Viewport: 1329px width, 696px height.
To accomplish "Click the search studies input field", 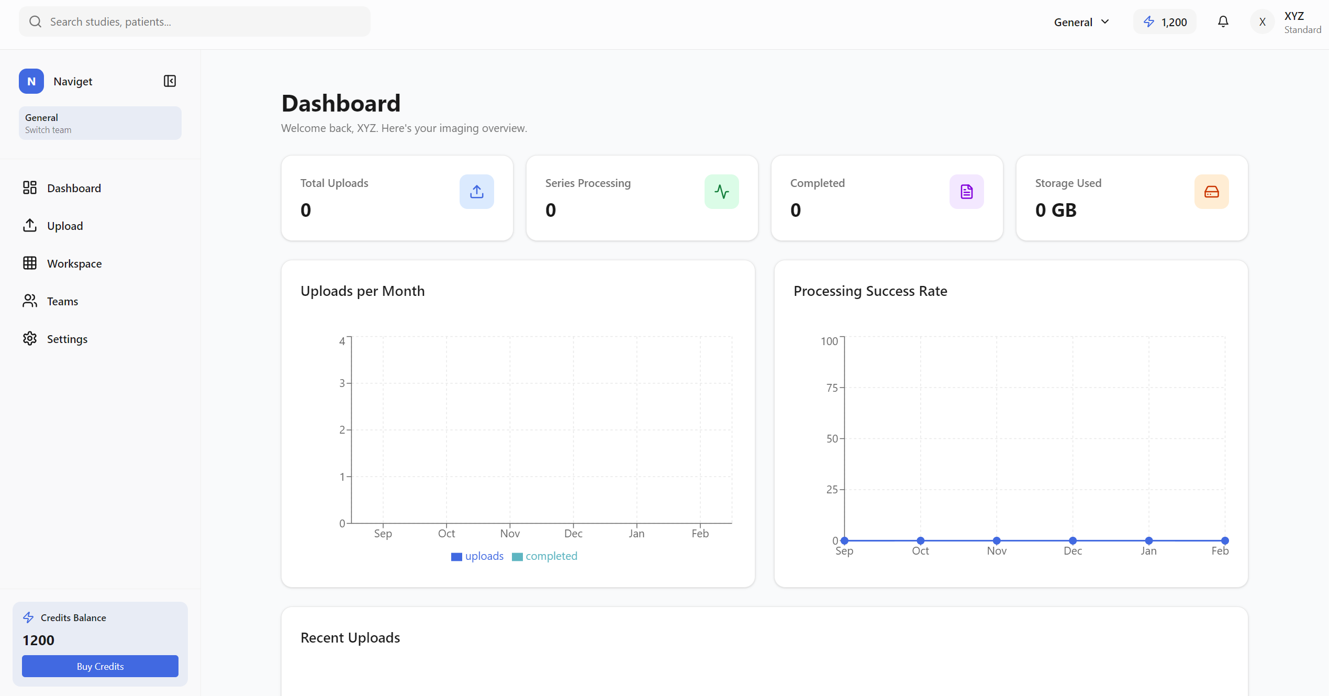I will tap(195, 21).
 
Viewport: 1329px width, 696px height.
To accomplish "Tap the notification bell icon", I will tap(1223, 21).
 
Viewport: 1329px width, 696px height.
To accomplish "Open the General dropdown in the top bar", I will tap(1081, 22).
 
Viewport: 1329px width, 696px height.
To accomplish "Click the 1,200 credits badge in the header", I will tap(1165, 22).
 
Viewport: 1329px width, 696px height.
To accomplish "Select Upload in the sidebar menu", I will tap(65, 226).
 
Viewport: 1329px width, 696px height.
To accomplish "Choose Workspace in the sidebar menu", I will tap(74, 263).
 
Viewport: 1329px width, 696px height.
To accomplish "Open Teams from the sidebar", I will tap(62, 301).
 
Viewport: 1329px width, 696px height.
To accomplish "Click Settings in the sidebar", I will tap(67, 339).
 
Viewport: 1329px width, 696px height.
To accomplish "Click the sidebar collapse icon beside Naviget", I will tap(170, 81).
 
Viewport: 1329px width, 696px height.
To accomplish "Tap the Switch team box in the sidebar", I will tap(100, 124).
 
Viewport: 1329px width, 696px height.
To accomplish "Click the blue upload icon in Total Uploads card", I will tap(476, 192).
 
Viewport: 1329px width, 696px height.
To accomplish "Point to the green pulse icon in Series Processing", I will tap(721, 192).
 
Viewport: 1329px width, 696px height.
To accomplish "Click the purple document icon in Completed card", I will tap(966, 192).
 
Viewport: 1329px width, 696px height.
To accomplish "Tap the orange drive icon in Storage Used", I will tap(1211, 192).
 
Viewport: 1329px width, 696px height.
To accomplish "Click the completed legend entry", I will tap(545, 556).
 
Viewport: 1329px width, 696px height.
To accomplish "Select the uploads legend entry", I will tap(477, 556).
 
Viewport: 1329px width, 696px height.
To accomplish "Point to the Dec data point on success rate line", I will tap(1073, 540).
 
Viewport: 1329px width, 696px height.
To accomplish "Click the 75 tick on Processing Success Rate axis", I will tap(832, 388).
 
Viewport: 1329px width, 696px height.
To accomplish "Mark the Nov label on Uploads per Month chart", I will tap(510, 534).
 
